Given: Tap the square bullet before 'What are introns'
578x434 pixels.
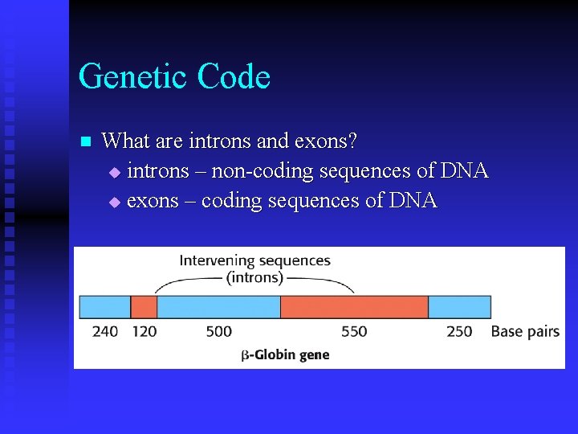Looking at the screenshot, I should tap(87, 142).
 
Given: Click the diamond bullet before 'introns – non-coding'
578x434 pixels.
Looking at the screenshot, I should tap(113, 172).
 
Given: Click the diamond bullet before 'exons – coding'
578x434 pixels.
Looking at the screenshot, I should tap(113, 202).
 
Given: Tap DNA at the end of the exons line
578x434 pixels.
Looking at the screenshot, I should tap(413, 201).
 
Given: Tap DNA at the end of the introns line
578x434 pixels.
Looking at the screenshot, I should tap(463, 171).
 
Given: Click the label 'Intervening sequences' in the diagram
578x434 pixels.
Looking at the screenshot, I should tap(254, 260).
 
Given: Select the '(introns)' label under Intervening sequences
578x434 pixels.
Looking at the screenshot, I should tap(254, 278).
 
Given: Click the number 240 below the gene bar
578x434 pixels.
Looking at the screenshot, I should tap(105, 331).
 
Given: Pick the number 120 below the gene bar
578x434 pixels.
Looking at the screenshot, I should tap(144, 331).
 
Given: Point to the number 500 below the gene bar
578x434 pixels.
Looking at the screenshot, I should tap(218, 331).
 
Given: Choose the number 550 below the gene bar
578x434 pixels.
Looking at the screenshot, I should tap(354, 331).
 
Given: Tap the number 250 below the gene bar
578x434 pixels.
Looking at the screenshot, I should tap(459, 331).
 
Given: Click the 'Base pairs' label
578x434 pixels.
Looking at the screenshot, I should tap(525, 331).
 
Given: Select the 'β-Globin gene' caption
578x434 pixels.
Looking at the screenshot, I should tap(285, 354).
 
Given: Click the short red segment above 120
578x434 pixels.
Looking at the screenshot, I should tap(144, 307).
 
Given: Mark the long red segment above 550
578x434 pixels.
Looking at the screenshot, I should tap(354, 307).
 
